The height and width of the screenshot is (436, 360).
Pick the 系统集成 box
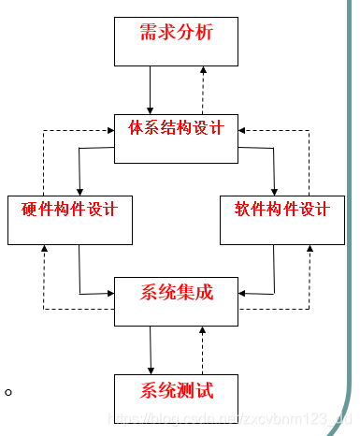177,300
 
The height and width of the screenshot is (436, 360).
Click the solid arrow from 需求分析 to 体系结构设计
151,90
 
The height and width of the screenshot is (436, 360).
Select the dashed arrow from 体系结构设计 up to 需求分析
203,90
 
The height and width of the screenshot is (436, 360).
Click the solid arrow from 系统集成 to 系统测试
150,350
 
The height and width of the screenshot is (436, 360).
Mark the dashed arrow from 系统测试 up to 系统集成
203,350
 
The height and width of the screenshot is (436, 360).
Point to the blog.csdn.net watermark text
229,422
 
